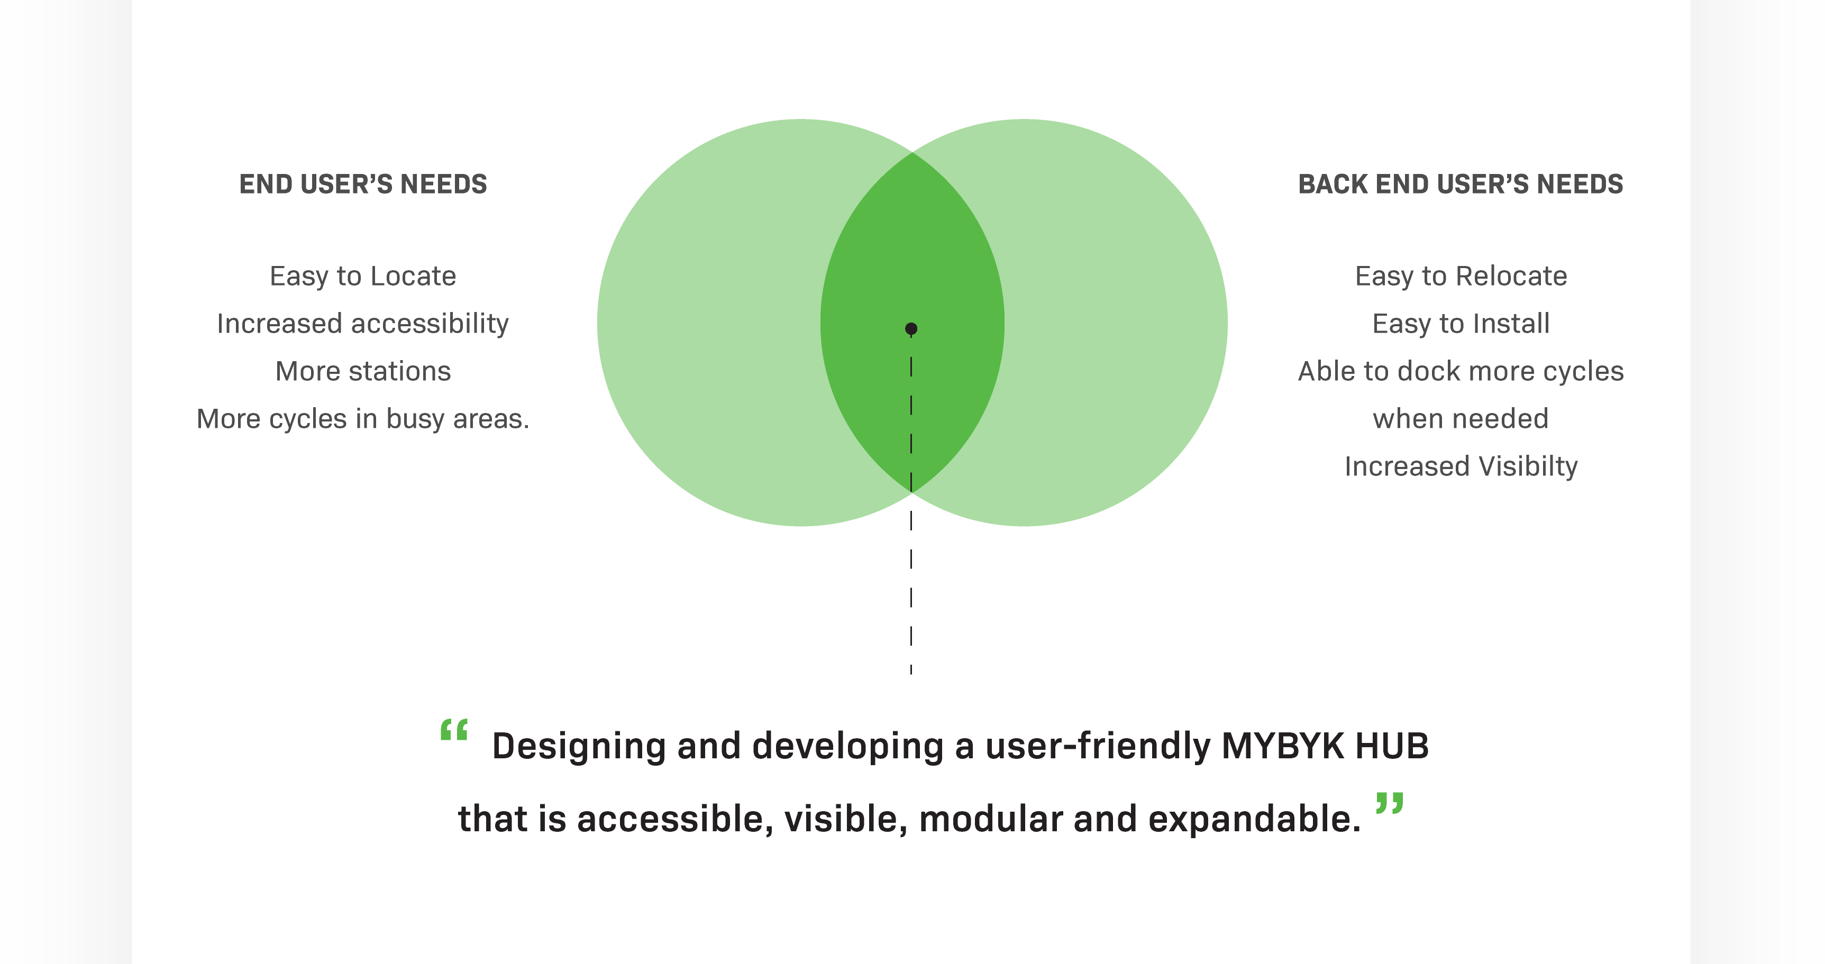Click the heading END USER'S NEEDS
click(x=363, y=184)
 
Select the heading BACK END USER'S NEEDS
click(x=1460, y=184)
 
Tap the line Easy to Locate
click(x=363, y=276)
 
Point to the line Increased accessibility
click(x=363, y=324)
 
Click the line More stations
click(x=363, y=371)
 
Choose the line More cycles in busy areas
click(x=363, y=419)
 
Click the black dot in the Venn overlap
click(x=911, y=329)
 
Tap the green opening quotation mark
click(x=454, y=730)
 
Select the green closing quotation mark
click(x=1389, y=803)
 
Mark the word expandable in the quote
click(x=1254, y=820)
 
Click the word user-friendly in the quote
click(x=1098, y=747)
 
